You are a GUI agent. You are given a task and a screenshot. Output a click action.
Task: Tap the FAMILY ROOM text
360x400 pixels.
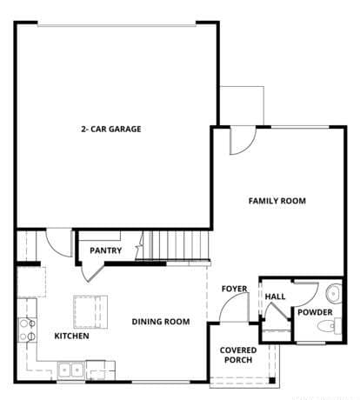277,201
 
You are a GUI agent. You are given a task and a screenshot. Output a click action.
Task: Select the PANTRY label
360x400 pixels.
106,251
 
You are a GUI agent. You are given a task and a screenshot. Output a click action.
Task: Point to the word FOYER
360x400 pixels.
233,288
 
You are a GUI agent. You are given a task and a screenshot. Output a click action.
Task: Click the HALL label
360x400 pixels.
275,297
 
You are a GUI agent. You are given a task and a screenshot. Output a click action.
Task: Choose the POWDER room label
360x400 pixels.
314,312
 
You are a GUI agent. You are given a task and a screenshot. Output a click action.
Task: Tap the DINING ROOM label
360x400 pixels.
160,322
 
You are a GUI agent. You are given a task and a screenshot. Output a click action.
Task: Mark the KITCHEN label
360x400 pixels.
71,336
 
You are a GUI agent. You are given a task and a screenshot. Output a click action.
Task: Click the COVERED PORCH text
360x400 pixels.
237,356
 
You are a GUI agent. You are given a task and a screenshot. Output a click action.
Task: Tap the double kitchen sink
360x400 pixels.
70,369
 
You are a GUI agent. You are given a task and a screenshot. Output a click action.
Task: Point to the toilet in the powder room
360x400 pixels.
328,327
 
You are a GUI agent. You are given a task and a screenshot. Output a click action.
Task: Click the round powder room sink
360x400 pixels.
334,291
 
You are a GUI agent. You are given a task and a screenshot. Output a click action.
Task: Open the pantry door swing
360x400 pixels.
90,270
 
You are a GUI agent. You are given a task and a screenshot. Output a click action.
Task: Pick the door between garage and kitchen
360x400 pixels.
58,241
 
